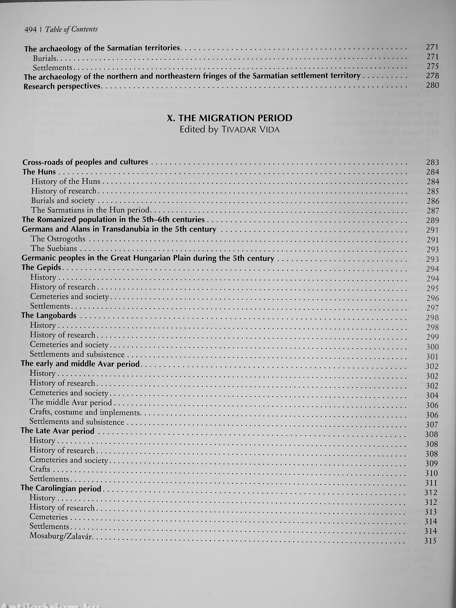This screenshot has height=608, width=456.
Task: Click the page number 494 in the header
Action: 31,30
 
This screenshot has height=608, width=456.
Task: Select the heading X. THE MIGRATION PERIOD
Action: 230,118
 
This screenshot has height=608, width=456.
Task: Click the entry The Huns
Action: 39,172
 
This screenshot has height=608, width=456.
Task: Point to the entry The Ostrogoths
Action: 58,239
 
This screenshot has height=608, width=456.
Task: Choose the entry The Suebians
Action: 54,249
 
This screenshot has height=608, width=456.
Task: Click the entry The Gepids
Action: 41,267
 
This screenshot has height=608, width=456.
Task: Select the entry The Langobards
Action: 49,316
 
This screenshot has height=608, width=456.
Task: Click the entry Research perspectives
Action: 62,86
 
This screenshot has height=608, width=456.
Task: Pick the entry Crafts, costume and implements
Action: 85,412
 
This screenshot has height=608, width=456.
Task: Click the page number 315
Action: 430,541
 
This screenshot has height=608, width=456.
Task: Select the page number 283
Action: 433,162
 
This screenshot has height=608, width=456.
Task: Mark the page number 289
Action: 433,221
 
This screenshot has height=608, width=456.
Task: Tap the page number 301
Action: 432,357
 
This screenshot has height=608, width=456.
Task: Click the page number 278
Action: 433,75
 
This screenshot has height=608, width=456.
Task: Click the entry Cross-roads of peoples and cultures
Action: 85,162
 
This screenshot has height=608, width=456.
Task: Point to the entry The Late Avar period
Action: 58,431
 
